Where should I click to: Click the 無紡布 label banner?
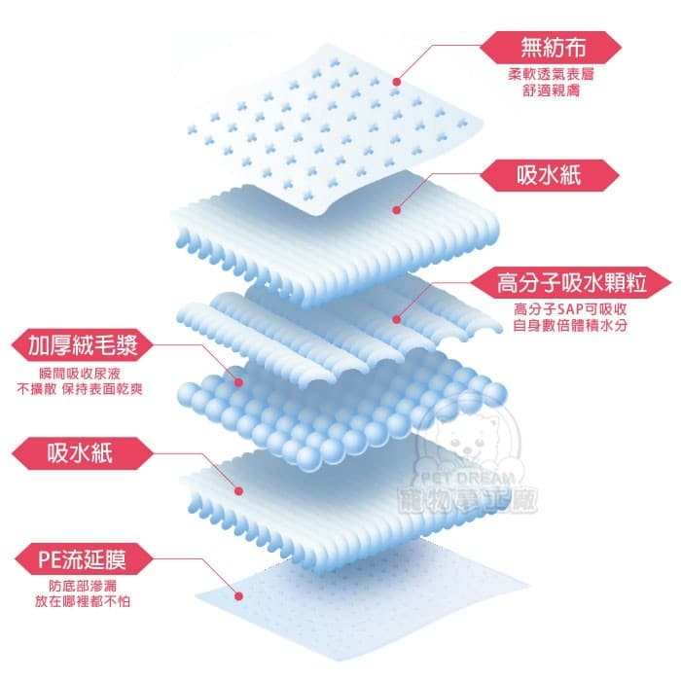click(x=551, y=48)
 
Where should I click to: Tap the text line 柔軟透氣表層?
click(x=551, y=74)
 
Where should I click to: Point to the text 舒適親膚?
click(x=551, y=90)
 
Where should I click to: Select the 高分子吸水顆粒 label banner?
click(x=571, y=283)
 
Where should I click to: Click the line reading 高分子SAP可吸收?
click(x=570, y=308)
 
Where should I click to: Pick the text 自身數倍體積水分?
click(x=570, y=325)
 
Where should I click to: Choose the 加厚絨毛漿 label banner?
click(x=83, y=344)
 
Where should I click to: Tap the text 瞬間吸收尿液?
click(x=80, y=374)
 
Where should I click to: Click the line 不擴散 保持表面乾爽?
click(x=80, y=389)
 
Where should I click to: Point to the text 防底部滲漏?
click(x=83, y=586)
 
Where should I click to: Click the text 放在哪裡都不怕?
click(x=83, y=601)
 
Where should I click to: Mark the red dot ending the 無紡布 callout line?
click(x=397, y=82)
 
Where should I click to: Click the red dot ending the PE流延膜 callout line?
click(x=238, y=596)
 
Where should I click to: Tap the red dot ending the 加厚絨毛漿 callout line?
click(x=238, y=382)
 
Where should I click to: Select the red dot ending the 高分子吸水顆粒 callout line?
click(x=396, y=319)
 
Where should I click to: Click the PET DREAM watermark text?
click(x=468, y=479)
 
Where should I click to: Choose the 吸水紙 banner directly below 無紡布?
click(x=549, y=175)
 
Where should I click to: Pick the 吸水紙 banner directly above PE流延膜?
click(x=83, y=453)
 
